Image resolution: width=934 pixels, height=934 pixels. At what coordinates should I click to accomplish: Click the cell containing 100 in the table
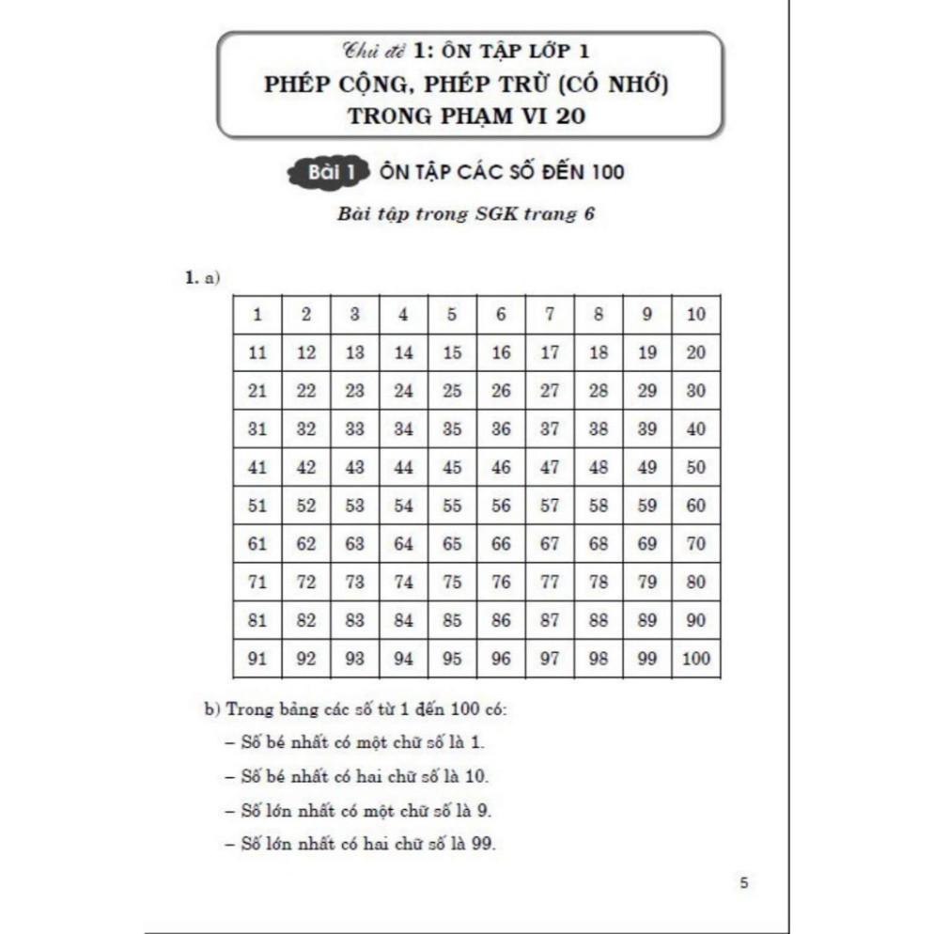coord(695,659)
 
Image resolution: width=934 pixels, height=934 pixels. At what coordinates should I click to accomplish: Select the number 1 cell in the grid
coord(257,315)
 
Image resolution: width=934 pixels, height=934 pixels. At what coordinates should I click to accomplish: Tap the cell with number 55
coord(452,506)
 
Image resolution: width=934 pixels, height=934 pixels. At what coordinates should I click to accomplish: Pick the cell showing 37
coord(550,429)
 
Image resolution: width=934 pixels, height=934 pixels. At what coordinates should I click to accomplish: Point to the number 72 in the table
coord(306,582)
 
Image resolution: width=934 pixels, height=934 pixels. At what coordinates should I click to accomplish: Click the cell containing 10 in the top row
coord(695,315)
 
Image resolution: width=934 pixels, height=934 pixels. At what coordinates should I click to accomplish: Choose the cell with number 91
coord(257,659)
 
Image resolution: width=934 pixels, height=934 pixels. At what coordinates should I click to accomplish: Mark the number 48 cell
coord(599,467)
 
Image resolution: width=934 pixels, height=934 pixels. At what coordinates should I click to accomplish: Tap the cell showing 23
coord(355,391)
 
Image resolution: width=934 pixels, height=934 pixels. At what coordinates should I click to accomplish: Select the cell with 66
coord(501,543)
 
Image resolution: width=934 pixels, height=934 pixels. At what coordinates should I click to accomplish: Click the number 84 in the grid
coord(403,620)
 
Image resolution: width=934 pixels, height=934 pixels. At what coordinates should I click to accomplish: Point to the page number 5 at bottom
coord(744,883)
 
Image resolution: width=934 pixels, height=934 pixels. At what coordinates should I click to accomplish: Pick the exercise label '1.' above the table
coord(191,277)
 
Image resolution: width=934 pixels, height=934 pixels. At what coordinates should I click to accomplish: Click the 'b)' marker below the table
coord(211,708)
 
